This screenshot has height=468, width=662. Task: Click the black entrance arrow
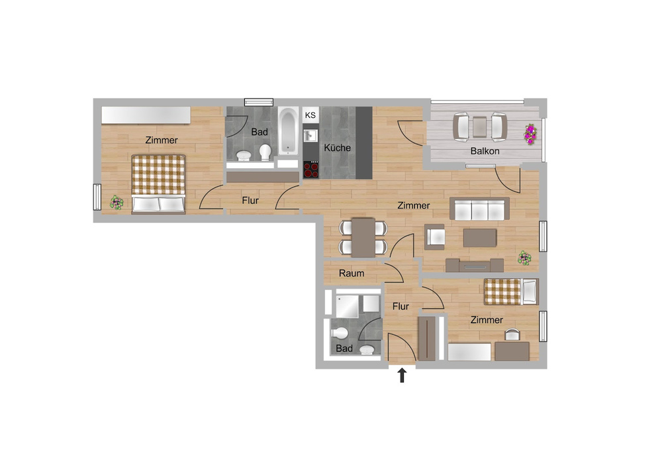[401, 376]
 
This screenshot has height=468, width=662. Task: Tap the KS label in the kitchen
[310, 115]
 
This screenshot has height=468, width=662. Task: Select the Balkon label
[485, 151]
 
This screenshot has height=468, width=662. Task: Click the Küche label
[338, 148]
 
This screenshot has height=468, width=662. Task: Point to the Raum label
[352, 273]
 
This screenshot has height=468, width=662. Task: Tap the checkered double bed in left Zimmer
[158, 183]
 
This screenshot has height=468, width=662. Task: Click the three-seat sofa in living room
[479, 209]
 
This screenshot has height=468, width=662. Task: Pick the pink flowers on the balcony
[530, 134]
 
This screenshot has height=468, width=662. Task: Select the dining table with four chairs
[363, 237]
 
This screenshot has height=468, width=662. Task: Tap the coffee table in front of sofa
[479, 237]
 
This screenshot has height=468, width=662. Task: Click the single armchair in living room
[435, 236]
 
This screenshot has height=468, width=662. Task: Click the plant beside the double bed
[117, 202]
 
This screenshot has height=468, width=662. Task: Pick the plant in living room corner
[525, 257]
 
